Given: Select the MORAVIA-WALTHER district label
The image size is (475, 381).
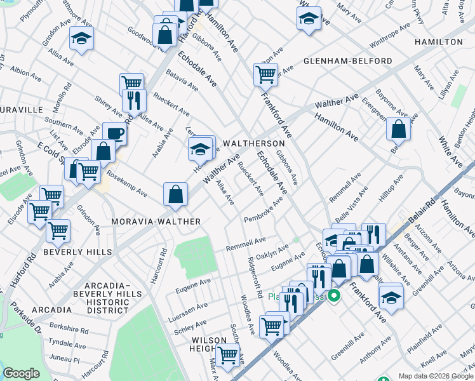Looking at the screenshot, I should (x=156, y=221).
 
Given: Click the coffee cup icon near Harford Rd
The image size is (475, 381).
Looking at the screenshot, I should (x=114, y=133).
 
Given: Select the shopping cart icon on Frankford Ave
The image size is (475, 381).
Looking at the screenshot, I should (x=265, y=74).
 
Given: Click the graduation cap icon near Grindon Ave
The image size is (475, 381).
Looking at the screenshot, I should (x=81, y=39).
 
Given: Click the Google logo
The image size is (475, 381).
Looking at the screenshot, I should (x=21, y=373).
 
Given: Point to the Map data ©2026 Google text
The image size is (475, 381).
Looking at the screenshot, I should (x=435, y=376).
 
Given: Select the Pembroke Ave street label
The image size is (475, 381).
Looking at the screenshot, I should (x=264, y=210).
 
